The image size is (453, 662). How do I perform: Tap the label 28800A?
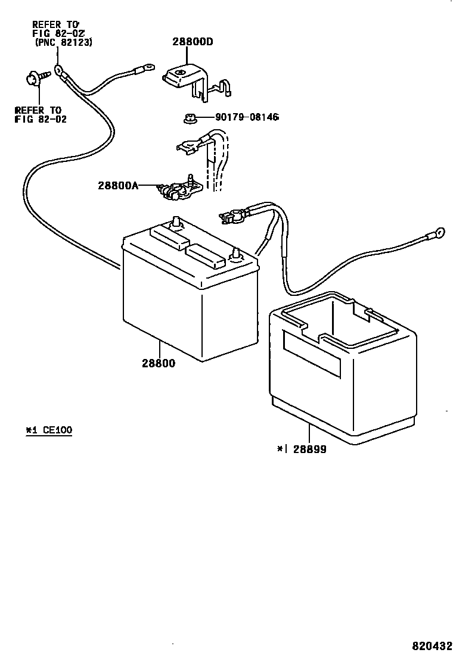(118, 185)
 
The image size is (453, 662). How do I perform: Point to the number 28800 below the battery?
(159, 363)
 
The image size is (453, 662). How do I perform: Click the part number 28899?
(308, 450)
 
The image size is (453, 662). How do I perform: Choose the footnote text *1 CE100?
(49, 430)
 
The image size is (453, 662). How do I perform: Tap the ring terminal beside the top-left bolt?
(58, 70)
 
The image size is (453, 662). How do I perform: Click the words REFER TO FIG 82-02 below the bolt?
(41, 114)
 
